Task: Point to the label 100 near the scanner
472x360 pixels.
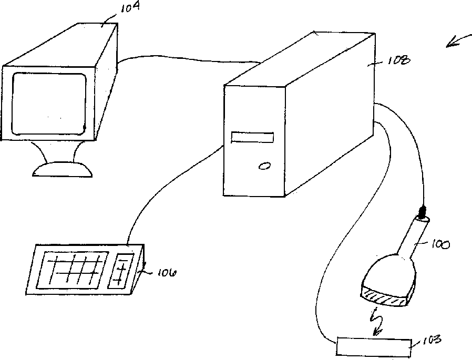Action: click(440, 245)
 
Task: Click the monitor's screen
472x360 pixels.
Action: click(48, 103)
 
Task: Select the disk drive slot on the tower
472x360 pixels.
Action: click(252, 137)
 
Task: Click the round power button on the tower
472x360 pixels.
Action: click(264, 166)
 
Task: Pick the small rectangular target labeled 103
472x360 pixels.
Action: click(374, 347)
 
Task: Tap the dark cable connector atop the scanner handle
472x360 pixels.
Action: click(422, 213)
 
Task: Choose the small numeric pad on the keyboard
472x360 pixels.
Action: click(121, 271)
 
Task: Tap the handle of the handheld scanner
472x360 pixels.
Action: click(412, 239)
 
